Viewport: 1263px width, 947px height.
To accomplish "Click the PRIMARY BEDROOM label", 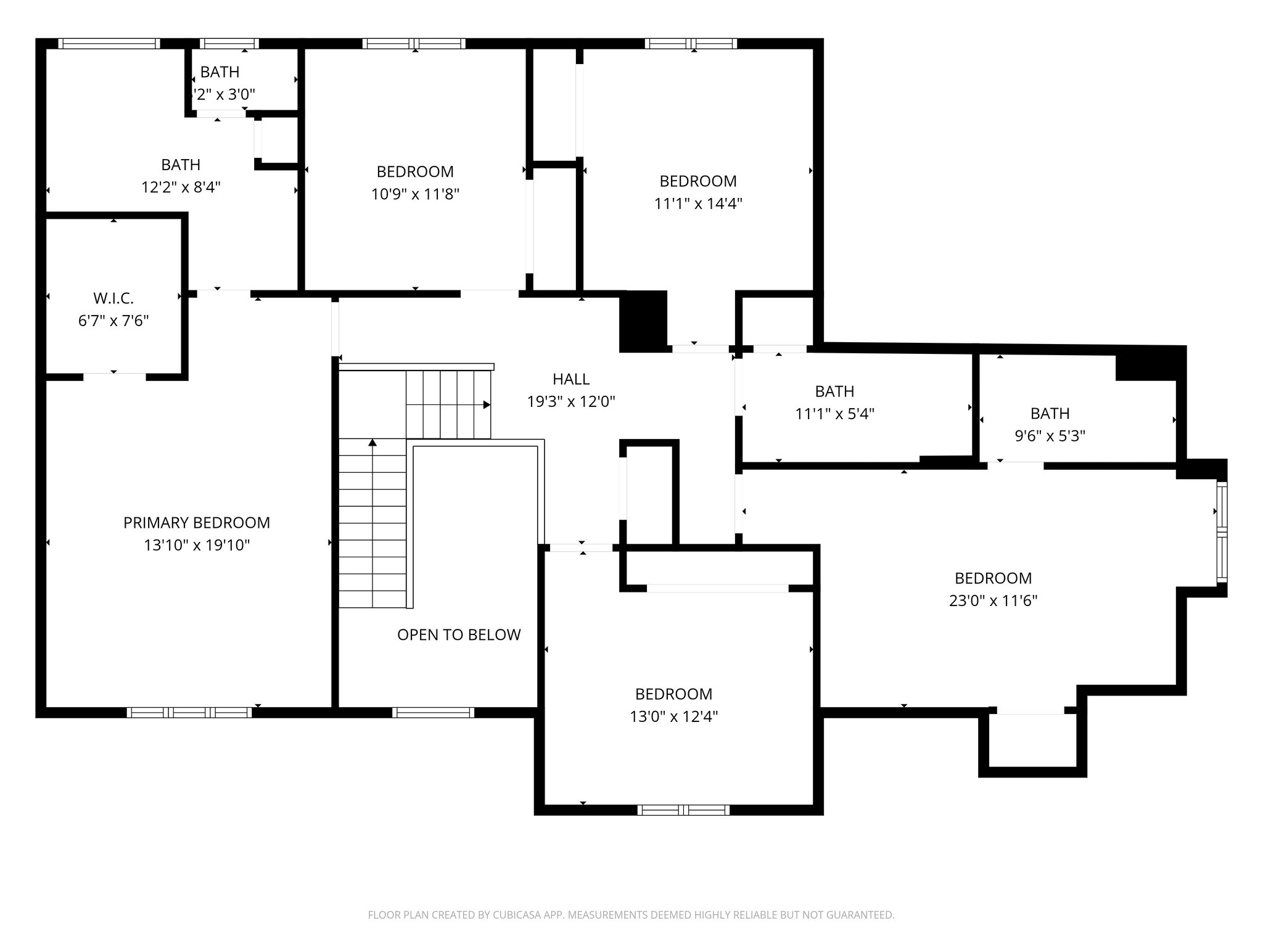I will point(196,523).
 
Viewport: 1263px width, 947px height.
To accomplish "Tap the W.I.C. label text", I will point(113,298).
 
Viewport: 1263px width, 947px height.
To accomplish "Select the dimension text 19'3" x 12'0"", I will point(571,402).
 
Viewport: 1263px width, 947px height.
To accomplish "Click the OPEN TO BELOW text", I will point(459,635).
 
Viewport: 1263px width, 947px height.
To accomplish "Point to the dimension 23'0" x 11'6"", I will point(993,601).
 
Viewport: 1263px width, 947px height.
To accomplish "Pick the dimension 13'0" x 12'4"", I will point(673,716).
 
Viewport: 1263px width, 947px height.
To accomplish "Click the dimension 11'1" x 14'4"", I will point(698,203).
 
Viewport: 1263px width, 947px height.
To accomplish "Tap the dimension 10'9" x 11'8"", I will point(415,194).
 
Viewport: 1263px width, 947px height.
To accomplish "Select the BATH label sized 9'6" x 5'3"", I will point(1050,414).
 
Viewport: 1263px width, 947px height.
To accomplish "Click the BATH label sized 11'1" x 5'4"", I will point(834,392).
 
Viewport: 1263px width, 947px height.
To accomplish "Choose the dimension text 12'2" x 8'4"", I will point(181,187).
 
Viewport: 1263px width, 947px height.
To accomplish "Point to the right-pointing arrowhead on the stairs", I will point(487,405).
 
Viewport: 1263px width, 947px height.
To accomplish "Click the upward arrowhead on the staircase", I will point(372,443).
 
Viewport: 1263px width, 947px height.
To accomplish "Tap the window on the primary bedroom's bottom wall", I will point(189,712).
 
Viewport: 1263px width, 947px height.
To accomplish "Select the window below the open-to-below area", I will point(433,712).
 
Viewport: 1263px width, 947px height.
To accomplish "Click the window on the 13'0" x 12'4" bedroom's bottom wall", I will point(683,810).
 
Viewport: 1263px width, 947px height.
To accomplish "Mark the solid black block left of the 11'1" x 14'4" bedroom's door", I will point(643,321).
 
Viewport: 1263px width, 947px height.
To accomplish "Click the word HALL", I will point(571,379).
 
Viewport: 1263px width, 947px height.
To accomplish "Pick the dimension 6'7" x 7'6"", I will point(113,321).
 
